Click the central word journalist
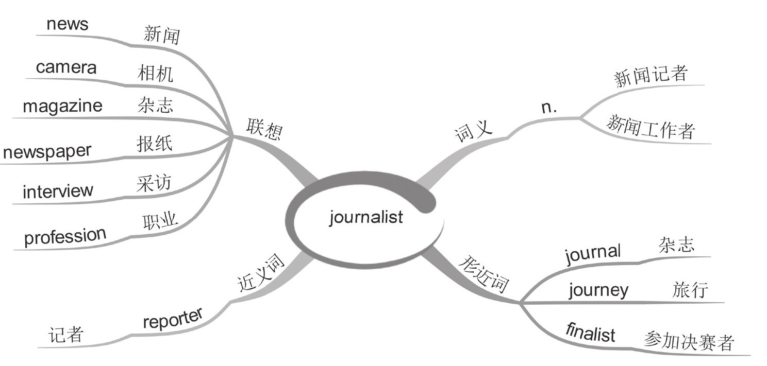[366, 217]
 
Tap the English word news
[67, 25]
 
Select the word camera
[66, 67]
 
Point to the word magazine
[62, 106]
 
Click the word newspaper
[47, 152]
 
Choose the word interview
[58, 191]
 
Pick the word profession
[65, 236]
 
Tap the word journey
[598, 290]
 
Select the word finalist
[591, 332]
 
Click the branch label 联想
[264, 129]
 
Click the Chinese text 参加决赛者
[688, 341]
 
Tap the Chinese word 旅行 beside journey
[690, 290]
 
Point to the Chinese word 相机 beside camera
[155, 75]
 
